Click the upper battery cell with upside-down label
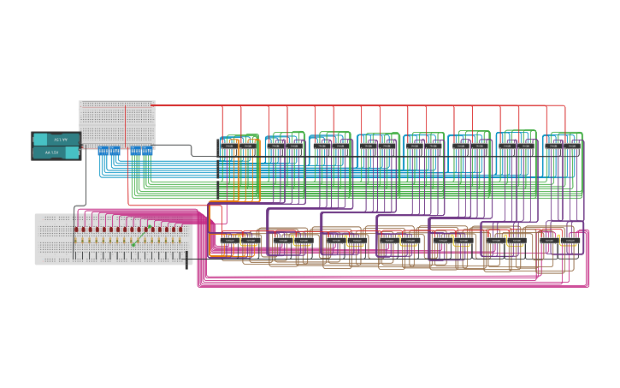pos(56,140)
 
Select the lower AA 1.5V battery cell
pos(56,152)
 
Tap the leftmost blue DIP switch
pos(103,151)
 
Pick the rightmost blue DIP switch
pos(147,151)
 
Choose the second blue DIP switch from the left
pos(114,151)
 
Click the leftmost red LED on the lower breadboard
pos(76,230)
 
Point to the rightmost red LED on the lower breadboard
pos(180,230)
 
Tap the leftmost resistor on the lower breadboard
pos(76,242)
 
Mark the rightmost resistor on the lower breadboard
pos(180,242)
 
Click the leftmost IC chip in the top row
pos(229,146)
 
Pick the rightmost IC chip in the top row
pos(571,146)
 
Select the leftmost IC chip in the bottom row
pos(228,241)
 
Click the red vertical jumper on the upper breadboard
pos(125,124)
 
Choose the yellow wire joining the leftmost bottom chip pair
pos(248,243)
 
